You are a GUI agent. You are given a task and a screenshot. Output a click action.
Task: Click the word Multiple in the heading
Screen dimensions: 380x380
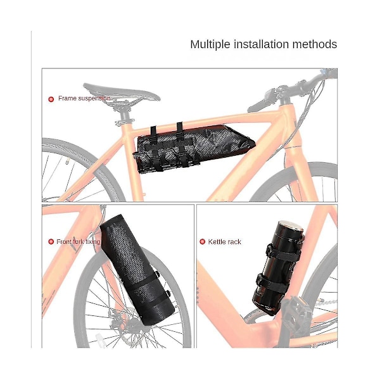210,45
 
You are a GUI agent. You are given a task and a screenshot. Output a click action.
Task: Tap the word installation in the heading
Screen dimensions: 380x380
261,44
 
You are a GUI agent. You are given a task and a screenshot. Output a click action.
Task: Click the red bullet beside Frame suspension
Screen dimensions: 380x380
51,99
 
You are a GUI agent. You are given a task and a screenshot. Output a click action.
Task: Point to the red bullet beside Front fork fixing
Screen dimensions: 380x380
51,242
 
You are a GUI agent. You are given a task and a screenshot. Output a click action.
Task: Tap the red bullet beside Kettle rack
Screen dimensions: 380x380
203,242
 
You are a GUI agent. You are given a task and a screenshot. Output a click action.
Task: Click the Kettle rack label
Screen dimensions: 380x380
224,242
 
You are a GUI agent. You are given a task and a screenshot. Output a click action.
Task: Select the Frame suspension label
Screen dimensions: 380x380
84,98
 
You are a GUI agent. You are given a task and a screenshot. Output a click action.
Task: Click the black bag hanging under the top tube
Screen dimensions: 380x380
194,148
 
